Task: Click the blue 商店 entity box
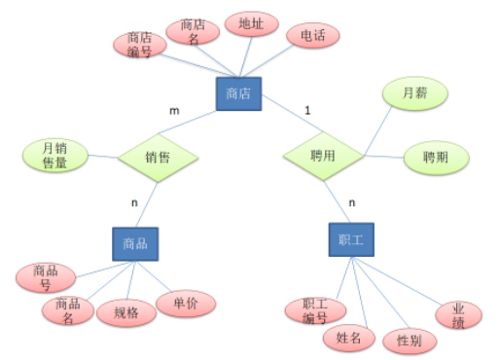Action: (x=237, y=94)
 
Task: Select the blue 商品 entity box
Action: (x=134, y=243)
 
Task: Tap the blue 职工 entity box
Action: (x=350, y=239)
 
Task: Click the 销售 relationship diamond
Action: (x=158, y=156)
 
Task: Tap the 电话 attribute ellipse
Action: (x=312, y=37)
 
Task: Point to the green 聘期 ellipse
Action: (x=435, y=157)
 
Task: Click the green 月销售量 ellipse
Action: (x=54, y=156)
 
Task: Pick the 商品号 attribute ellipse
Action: (x=45, y=276)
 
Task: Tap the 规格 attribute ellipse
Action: (x=126, y=312)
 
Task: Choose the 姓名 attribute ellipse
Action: (x=347, y=338)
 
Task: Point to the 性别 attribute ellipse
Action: (x=409, y=342)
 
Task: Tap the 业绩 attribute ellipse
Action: (x=452, y=313)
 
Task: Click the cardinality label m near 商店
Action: (x=175, y=111)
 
